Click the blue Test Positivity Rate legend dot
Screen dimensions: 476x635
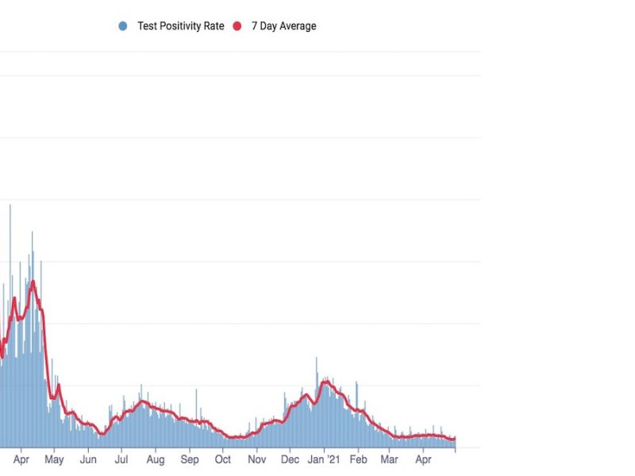coord(122,26)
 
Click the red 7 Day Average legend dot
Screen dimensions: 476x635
coord(237,26)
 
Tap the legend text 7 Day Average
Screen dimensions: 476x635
coord(283,26)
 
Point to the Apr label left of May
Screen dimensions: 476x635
coord(21,459)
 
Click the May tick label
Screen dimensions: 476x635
coord(54,459)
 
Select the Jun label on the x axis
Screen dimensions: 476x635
coord(88,459)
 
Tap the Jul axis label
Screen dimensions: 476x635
coord(121,459)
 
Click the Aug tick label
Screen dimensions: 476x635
coord(156,459)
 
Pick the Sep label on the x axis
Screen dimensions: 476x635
coord(190,459)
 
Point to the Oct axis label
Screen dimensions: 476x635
coord(223,459)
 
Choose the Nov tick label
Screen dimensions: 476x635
coord(256,459)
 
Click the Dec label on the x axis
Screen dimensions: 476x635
coord(290,459)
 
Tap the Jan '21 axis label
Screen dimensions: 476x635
coord(324,459)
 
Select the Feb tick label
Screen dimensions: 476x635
coord(359,459)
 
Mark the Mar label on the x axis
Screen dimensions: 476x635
coord(390,459)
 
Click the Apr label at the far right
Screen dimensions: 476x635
coord(424,459)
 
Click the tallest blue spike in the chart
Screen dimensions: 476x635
coord(10,206)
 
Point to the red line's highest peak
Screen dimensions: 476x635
coord(33,282)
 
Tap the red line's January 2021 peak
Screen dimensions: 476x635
coord(325,382)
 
